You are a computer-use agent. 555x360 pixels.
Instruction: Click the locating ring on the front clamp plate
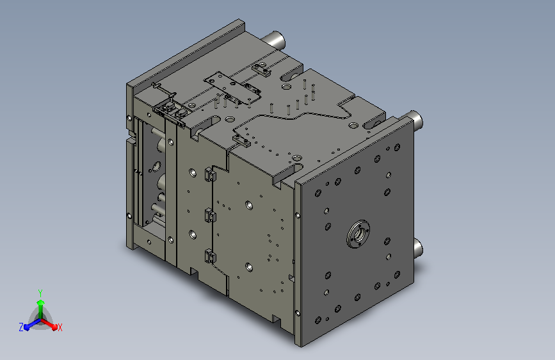[x=358, y=234]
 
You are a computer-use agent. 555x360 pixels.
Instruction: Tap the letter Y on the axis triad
[x=40, y=293]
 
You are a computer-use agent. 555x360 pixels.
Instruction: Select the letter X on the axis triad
[x=60, y=328]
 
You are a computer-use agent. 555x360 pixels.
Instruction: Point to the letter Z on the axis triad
[x=21, y=327]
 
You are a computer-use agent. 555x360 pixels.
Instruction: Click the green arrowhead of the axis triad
[x=40, y=303]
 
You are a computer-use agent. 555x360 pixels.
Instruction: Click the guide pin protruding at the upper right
[x=415, y=120]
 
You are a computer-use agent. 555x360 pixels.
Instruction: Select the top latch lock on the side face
[x=210, y=175]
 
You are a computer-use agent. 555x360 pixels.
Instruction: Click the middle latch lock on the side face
[x=210, y=215]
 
